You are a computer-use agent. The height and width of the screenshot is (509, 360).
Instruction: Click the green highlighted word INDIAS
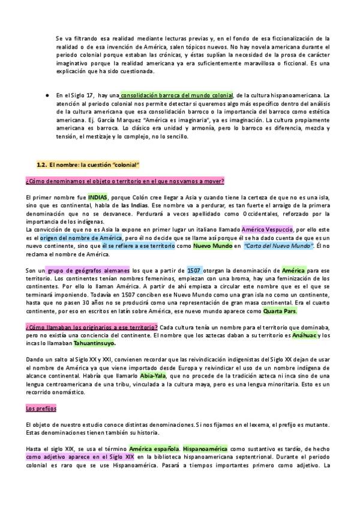pos(99,196)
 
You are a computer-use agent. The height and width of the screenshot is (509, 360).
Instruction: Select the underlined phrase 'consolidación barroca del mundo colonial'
pos(176,95)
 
